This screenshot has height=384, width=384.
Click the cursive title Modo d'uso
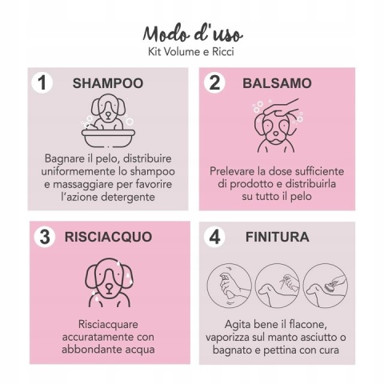(x=193, y=34)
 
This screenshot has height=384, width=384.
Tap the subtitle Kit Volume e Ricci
(x=191, y=52)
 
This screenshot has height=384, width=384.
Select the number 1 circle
(x=42, y=83)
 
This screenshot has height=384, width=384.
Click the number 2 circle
(x=214, y=83)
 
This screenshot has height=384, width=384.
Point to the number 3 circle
(x=45, y=237)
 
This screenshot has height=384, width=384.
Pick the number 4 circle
(x=214, y=237)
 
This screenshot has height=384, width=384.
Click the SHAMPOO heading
(x=108, y=83)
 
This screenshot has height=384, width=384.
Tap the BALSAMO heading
(x=277, y=83)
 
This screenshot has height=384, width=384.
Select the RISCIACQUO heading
(x=108, y=237)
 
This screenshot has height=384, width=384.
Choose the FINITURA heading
(x=278, y=237)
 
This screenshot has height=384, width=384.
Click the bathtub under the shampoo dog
(x=108, y=138)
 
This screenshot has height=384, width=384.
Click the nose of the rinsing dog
(x=109, y=288)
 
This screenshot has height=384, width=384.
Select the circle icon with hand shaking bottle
(x=230, y=286)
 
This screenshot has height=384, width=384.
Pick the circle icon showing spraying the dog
(x=278, y=286)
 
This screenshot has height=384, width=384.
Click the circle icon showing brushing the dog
(x=326, y=286)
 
